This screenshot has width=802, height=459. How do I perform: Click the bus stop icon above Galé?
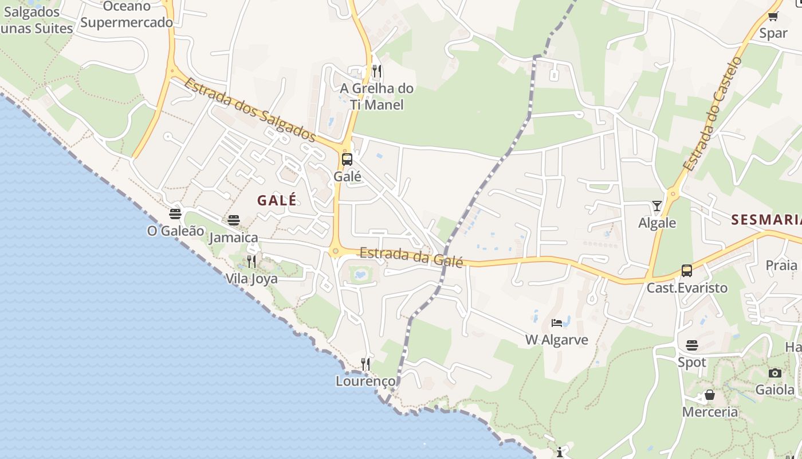point(347,160)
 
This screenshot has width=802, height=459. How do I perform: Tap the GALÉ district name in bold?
point(277,200)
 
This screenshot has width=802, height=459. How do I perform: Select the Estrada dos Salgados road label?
point(250,110)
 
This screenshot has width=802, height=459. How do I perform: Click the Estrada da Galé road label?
point(411,256)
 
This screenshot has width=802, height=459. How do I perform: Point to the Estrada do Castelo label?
point(713,114)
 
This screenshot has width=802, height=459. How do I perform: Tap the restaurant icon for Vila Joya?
point(251,262)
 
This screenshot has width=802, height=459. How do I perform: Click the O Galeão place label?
point(175,231)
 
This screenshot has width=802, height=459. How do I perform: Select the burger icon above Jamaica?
point(233,220)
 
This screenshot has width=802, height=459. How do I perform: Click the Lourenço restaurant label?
point(365,381)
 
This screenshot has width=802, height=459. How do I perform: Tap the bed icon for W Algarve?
point(557,322)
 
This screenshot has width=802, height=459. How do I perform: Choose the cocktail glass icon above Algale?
point(656,205)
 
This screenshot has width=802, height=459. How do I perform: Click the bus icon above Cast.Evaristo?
point(686,270)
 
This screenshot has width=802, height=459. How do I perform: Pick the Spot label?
point(692,363)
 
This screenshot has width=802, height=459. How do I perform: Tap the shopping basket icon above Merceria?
point(709,395)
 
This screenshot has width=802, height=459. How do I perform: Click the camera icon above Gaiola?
point(775,373)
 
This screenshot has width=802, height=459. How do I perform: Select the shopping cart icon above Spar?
point(773,16)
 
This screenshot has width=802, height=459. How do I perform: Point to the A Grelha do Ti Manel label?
point(376,96)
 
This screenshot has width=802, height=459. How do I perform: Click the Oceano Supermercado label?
point(127,14)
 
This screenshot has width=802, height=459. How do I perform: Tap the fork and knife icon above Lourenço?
point(365,364)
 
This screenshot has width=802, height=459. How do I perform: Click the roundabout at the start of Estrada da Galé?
point(335,251)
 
